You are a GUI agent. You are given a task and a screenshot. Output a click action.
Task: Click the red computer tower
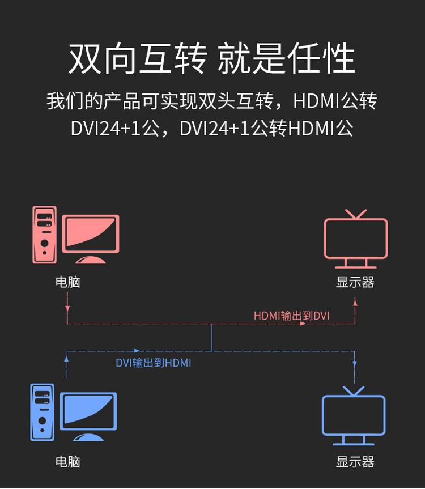pos(45,234)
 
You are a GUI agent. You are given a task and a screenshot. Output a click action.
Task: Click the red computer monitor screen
pos(91,235)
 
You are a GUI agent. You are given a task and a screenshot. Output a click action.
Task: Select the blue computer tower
pos(42,412)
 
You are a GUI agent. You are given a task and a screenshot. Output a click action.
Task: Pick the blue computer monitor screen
pos(89,412)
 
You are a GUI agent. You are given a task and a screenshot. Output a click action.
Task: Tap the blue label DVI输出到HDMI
pos(154,363)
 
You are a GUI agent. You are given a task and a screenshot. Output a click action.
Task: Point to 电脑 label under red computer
pos(68,282)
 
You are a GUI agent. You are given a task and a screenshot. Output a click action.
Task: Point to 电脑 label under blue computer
pos(68,462)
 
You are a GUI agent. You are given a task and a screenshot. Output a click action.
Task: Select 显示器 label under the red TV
pos(355,282)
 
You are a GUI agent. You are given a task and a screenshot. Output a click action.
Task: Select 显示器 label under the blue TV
pos(355,462)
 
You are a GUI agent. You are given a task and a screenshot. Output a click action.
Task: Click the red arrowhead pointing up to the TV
pos(355,303)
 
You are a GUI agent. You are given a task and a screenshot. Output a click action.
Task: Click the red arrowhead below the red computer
pos(67,309)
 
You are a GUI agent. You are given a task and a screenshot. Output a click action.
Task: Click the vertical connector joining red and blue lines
pos(212,338)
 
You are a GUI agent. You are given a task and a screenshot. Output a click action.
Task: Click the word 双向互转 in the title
pos(137,58)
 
